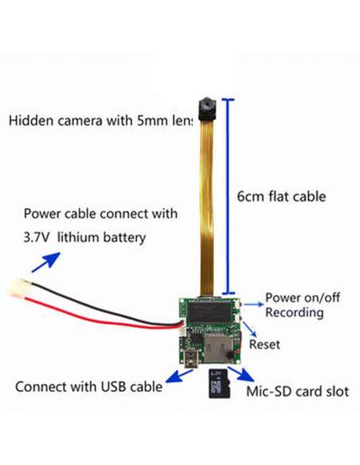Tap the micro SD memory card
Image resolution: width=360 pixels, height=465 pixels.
coord(220,384)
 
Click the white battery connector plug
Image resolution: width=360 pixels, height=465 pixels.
coord(18,287)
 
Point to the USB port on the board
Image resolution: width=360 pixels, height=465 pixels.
coord(190,358)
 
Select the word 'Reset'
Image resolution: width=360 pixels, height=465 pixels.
coord(264,345)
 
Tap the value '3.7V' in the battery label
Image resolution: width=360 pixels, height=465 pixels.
coord(36,237)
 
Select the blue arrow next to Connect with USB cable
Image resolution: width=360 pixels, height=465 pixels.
coord(179,376)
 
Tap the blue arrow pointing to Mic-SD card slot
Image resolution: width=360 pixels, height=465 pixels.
coord(241,374)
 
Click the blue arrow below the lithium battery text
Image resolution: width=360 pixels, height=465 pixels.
coord(46,262)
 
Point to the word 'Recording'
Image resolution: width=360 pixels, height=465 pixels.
coord(294,313)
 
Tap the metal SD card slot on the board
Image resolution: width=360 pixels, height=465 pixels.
coord(218,350)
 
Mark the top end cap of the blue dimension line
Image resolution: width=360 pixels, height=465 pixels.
coord(228,100)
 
